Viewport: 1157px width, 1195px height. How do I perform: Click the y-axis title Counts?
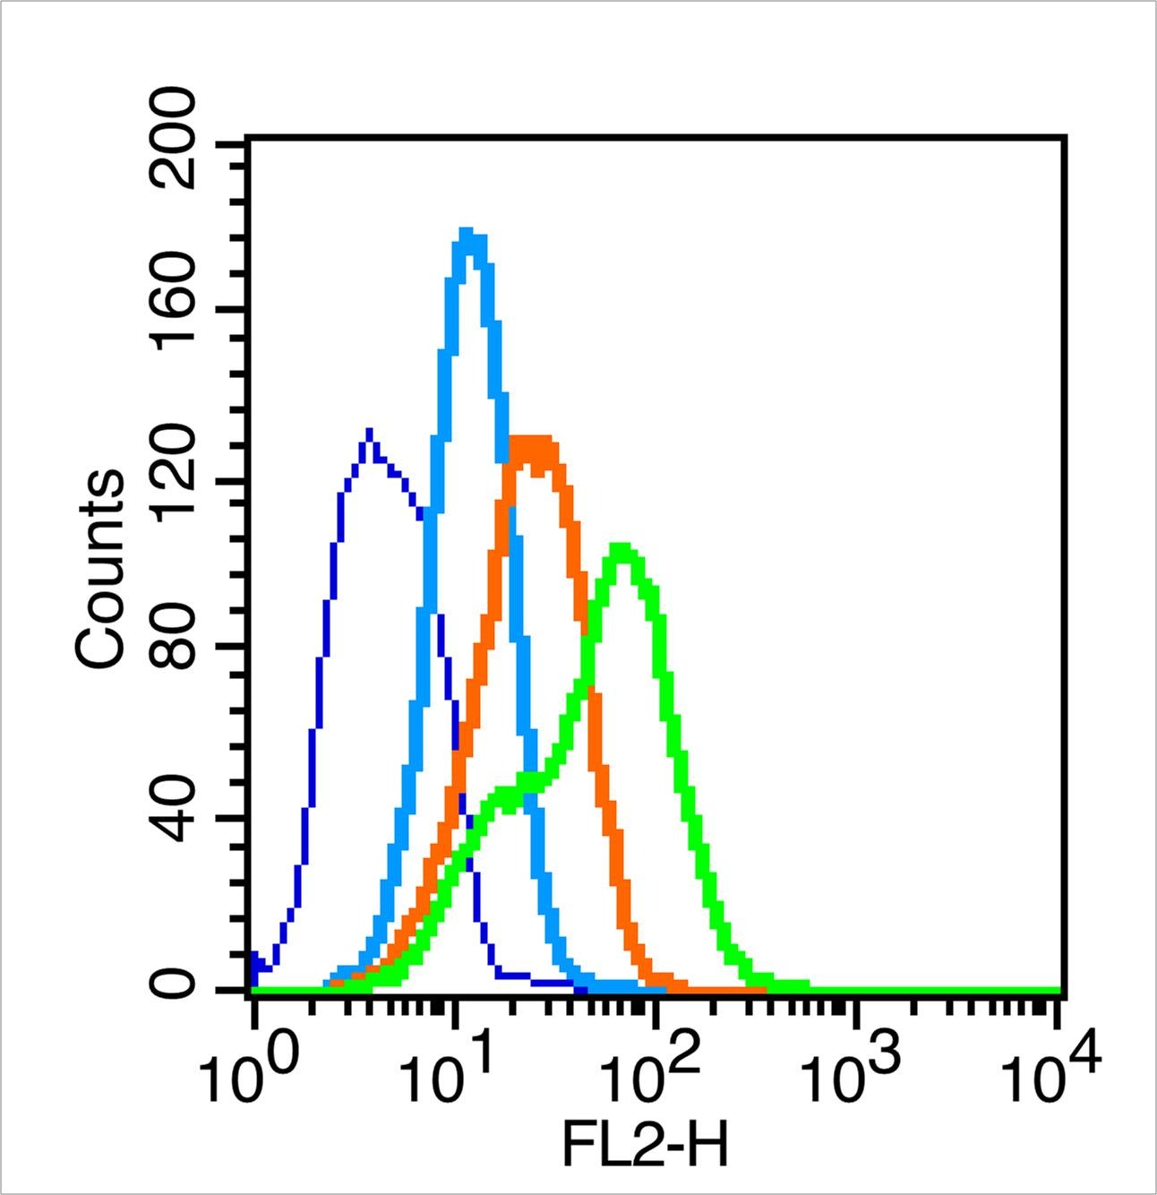[100, 570]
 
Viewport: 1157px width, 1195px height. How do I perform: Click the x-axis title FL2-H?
[645, 1146]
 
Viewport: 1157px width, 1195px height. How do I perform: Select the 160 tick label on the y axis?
[176, 310]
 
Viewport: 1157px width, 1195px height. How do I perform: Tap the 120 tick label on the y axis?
[176, 480]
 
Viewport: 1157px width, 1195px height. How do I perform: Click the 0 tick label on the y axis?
[176, 987]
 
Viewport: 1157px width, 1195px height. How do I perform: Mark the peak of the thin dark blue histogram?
[369, 433]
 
